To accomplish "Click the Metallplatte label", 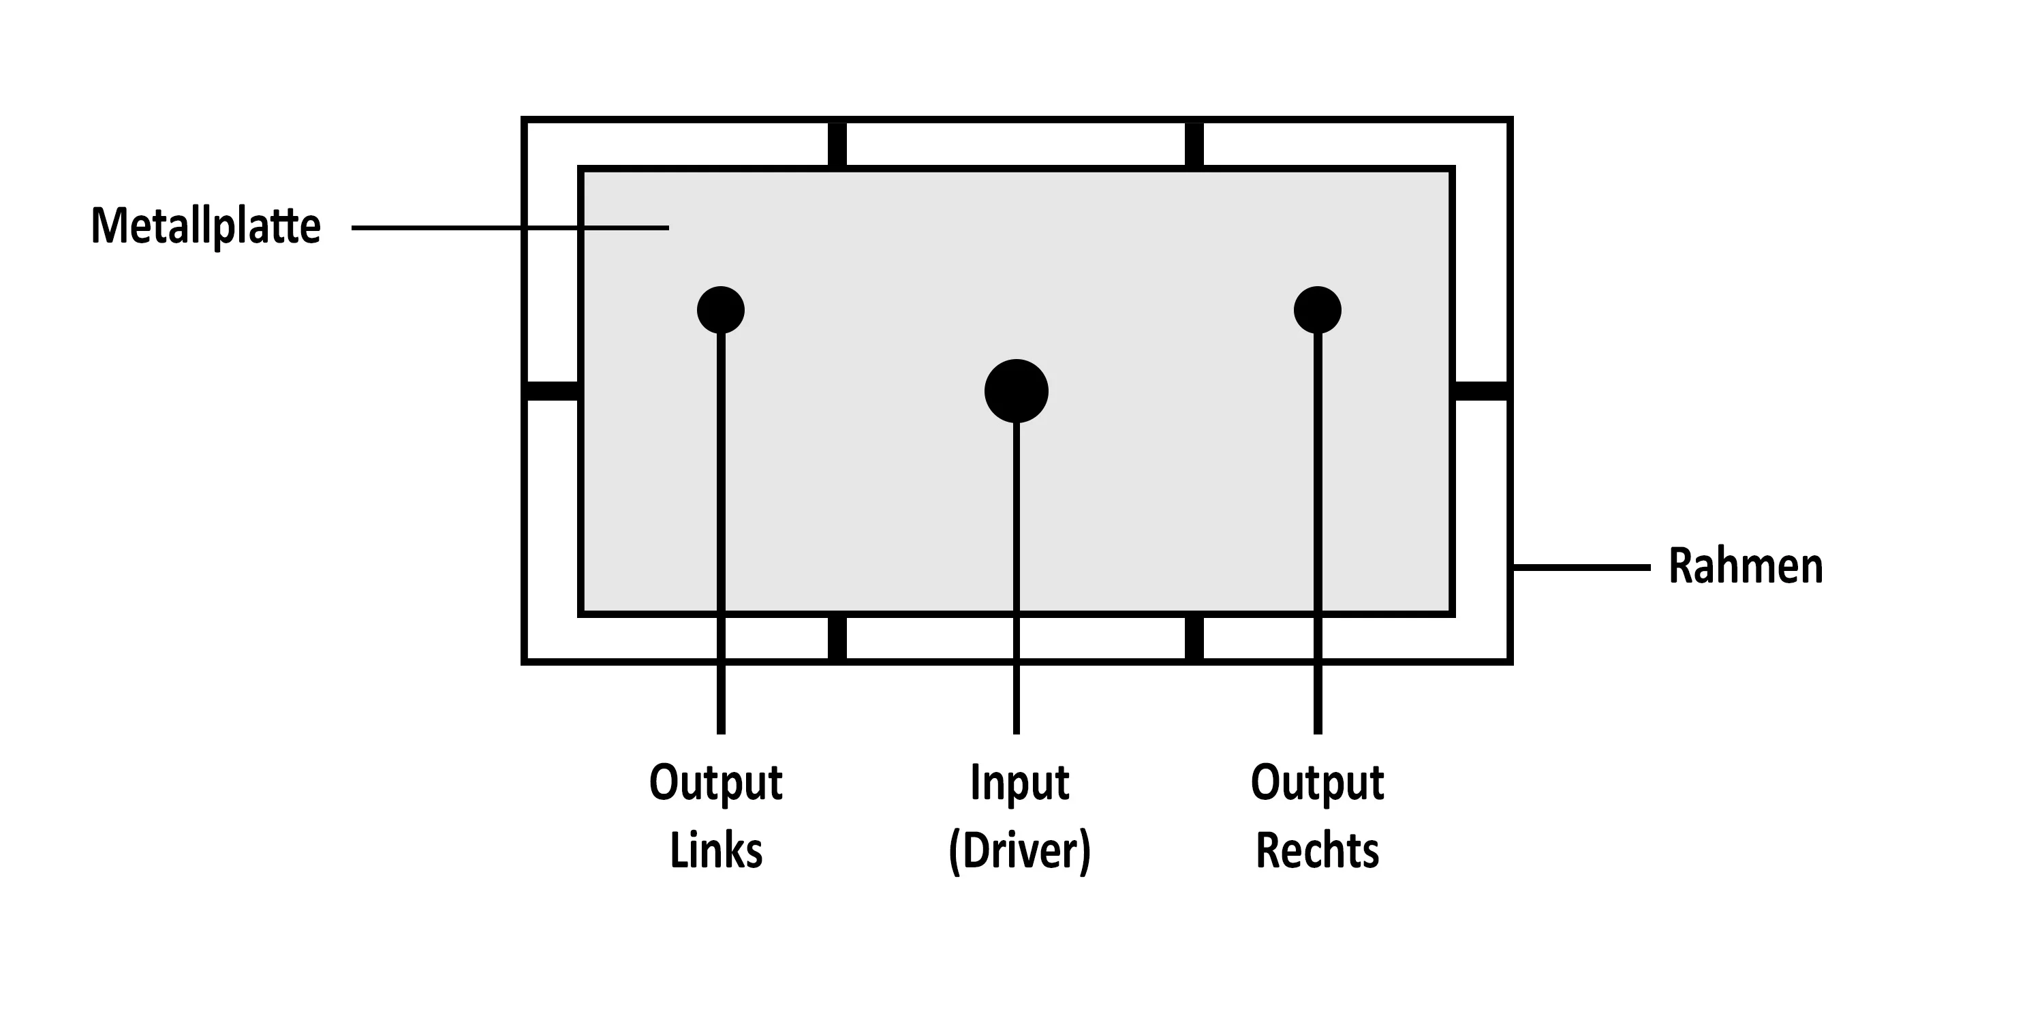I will click(x=206, y=227).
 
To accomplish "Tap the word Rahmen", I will click(x=1746, y=567).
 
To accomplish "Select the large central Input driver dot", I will click(x=1017, y=391).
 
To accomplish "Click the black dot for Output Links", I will click(x=720, y=309).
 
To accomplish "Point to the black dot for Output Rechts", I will click(x=1317, y=309).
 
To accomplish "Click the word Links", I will click(x=717, y=852).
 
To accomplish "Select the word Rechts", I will click(x=1317, y=852).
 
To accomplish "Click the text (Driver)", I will click(x=1020, y=852).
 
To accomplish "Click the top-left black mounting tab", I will click(x=837, y=144).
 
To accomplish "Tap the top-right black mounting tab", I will click(x=1194, y=144).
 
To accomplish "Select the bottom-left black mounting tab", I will click(x=837, y=638).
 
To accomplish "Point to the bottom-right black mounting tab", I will click(x=1194, y=638).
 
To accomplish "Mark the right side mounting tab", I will click(x=1481, y=391).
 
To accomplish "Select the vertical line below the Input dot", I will click(x=1017, y=579).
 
